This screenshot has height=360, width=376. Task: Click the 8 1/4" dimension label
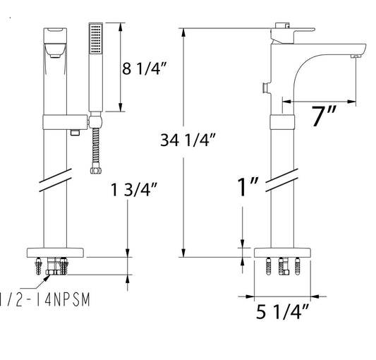click(x=144, y=68)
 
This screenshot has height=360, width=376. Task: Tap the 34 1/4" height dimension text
click(x=188, y=140)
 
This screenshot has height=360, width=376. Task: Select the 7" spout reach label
click(x=324, y=116)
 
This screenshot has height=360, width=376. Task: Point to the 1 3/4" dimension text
click(x=134, y=189)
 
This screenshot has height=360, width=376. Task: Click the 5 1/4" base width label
click(x=282, y=312)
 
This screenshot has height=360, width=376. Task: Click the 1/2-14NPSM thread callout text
click(x=45, y=299)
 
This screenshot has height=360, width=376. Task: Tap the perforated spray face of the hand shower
click(x=96, y=38)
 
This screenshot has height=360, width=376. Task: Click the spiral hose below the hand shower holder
click(x=96, y=148)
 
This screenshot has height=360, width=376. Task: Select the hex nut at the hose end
click(x=96, y=170)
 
